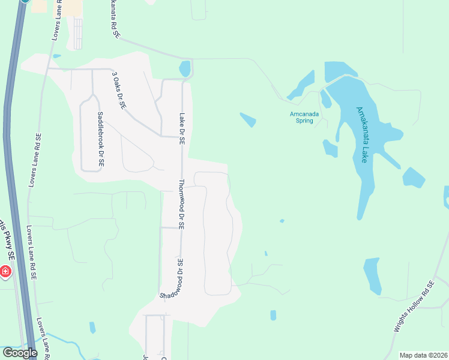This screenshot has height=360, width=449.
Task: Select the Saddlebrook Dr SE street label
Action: point(100,139)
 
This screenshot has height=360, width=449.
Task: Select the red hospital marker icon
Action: point(5,272)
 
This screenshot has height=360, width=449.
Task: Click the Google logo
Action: point(20,353)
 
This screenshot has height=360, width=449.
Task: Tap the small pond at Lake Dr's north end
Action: point(185,68)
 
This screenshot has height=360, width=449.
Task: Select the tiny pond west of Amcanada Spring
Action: point(248,120)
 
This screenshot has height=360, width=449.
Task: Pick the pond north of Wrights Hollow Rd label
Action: point(372,275)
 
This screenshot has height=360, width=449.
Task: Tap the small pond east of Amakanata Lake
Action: point(414,178)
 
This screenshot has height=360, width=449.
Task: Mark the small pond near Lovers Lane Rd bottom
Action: point(92,328)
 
